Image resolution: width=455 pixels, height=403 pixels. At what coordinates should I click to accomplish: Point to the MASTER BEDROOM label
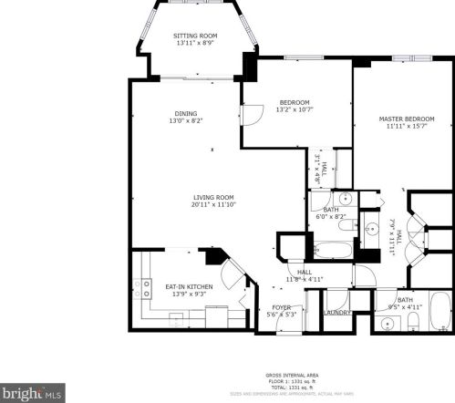[x=406, y=119]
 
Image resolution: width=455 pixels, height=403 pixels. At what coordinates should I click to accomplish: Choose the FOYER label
[x=282, y=308]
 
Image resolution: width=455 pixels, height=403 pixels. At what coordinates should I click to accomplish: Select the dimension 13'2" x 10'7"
[x=294, y=109]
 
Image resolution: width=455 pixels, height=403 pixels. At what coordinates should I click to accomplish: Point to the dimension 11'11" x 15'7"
[x=406, y=127]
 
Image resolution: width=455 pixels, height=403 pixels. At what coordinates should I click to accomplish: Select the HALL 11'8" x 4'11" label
[x=300, y=275]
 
